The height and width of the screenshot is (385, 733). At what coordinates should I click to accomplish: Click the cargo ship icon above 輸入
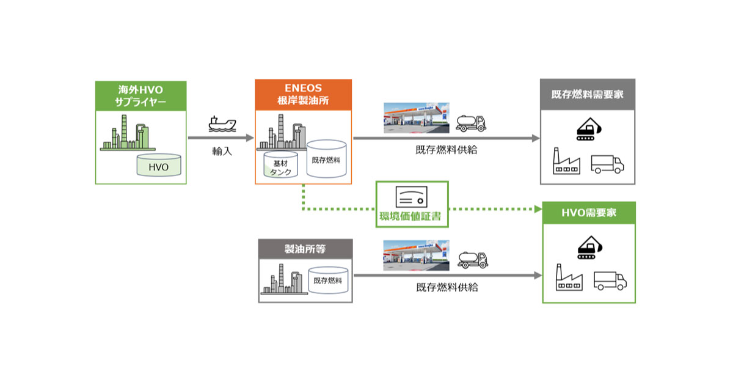pos(222,124)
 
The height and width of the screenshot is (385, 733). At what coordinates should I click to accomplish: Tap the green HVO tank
pos(159,165)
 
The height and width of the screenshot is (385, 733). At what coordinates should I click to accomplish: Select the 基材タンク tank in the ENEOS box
pos(281,164)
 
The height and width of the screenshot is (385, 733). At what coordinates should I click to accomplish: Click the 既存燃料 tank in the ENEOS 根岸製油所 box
pos(326,159)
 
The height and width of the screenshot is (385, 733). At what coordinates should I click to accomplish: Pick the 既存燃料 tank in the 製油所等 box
pos(328,280)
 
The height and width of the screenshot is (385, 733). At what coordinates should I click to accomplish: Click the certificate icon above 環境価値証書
pos(411,197)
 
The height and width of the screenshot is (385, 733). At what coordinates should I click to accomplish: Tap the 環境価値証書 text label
pos(410,216)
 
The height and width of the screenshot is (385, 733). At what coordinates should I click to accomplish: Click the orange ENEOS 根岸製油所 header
pos(304,95)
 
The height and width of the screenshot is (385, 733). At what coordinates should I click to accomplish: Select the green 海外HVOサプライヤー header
pos(140,96)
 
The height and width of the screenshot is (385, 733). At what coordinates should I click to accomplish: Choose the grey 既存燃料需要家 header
pos(588,94)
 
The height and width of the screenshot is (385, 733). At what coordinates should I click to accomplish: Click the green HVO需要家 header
pos(589,213)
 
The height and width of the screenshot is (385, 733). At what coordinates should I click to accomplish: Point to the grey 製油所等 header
pos(305,249)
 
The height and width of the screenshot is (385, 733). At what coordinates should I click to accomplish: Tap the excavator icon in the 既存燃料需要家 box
pos(589,129)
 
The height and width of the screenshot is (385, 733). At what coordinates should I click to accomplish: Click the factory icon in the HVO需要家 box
pos(569,277)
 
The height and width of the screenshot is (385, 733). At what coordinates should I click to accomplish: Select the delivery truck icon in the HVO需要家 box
pos(610,281)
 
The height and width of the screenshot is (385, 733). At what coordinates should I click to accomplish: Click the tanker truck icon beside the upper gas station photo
pos(471,123)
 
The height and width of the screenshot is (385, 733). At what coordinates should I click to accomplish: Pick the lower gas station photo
pos(416,255)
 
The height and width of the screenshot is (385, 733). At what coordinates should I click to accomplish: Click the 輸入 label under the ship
pos(222,152)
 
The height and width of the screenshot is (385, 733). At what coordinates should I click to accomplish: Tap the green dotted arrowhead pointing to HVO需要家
pos(538,209)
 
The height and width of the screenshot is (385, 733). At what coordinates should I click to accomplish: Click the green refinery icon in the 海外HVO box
pos(128,133)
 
